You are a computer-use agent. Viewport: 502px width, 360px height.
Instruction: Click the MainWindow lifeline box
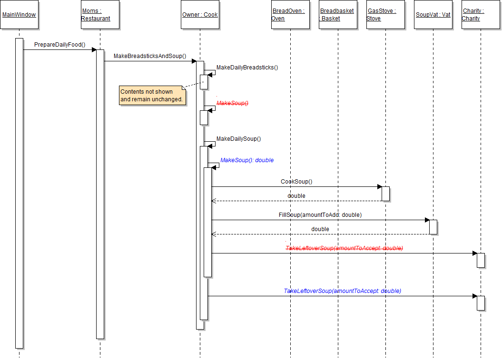pos(19,15)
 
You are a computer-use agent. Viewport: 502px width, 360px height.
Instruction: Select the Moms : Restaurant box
pos(100,15)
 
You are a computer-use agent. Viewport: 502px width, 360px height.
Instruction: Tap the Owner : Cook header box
pos(200,15)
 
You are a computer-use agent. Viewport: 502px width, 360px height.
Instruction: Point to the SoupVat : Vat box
pos(433,15)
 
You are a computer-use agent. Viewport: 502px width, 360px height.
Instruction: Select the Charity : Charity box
pos(481,15)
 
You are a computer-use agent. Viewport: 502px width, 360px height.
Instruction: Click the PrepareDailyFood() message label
pos(59,45)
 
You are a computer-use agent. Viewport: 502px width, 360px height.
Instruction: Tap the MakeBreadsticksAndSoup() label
pos(150,56)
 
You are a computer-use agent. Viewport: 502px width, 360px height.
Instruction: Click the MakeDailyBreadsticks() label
pos(247,68)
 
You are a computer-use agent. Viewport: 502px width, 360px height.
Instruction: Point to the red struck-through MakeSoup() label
pos(233,103)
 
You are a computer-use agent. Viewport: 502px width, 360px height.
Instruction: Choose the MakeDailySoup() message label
pos(238,139)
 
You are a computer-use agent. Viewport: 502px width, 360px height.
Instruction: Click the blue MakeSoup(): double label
pos(247,160)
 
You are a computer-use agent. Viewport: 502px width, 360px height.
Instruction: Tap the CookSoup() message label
pos(296,182)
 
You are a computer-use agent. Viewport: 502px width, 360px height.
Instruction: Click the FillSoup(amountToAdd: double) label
pos(320,215)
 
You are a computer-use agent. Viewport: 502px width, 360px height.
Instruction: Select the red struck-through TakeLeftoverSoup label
pos(344,248)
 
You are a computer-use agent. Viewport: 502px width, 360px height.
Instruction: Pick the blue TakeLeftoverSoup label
pos(342,291)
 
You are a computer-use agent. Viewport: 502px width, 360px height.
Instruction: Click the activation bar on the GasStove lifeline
pos(385,194)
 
